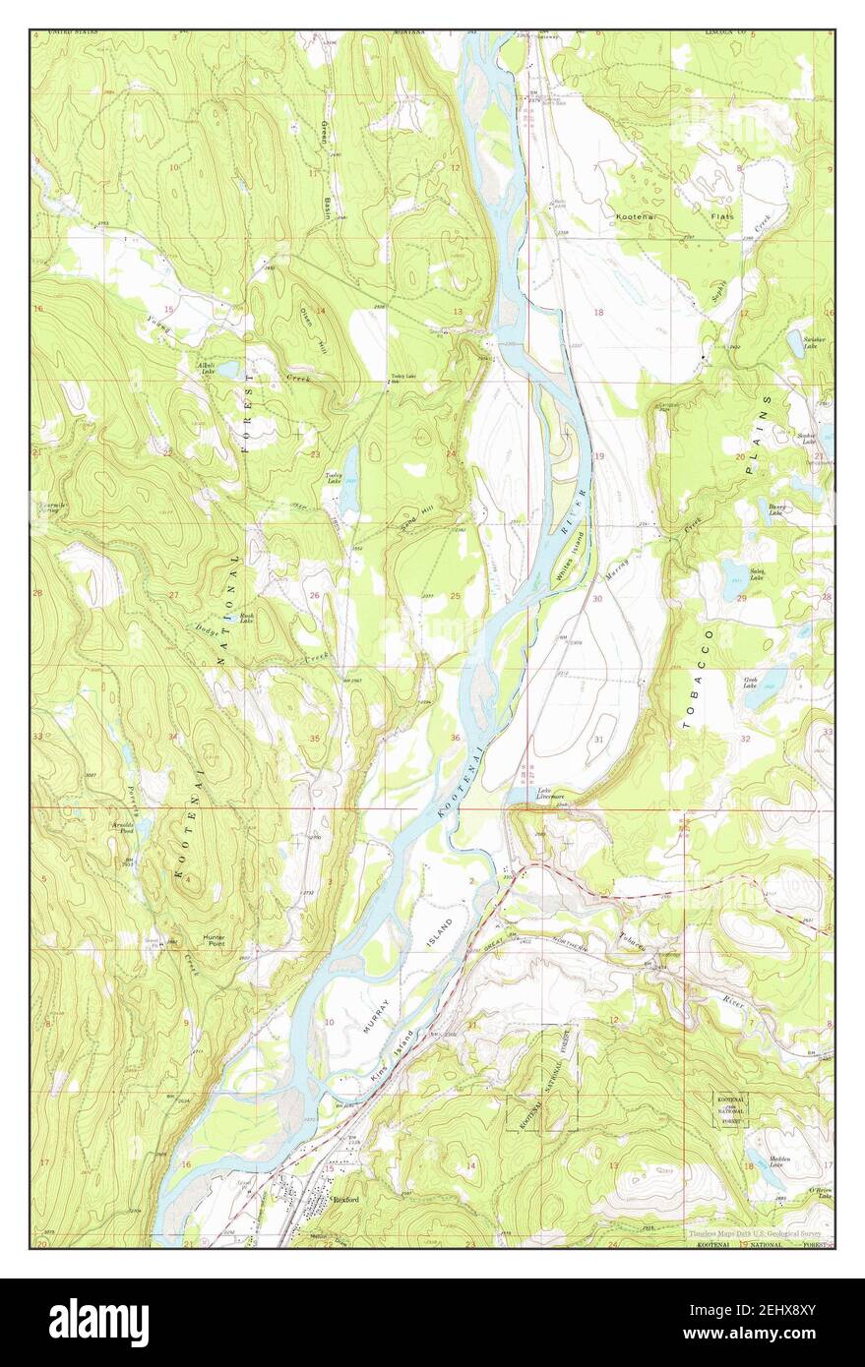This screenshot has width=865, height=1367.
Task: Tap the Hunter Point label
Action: click(214, 939)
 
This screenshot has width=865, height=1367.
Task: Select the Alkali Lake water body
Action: click(227, 372)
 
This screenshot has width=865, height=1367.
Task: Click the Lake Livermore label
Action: click(550, 795)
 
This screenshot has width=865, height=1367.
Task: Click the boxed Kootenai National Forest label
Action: click(729, 1109)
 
